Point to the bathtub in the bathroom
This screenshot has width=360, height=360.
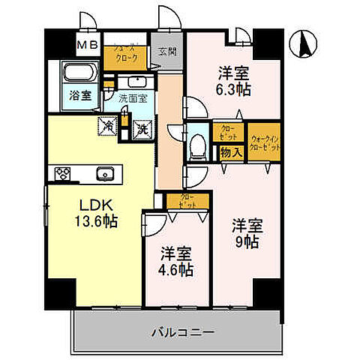coord(79,75)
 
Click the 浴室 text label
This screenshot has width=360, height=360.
coord(80,96)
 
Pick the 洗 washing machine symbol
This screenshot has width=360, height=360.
coord(141,128)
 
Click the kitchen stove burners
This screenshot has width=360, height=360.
coord(61,173)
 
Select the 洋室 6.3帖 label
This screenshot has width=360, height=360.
coord(233,81)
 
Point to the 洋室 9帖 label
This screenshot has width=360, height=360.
coord(246,232)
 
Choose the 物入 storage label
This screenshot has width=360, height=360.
coord(230,152)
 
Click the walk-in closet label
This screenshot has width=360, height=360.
coord(265,142)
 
